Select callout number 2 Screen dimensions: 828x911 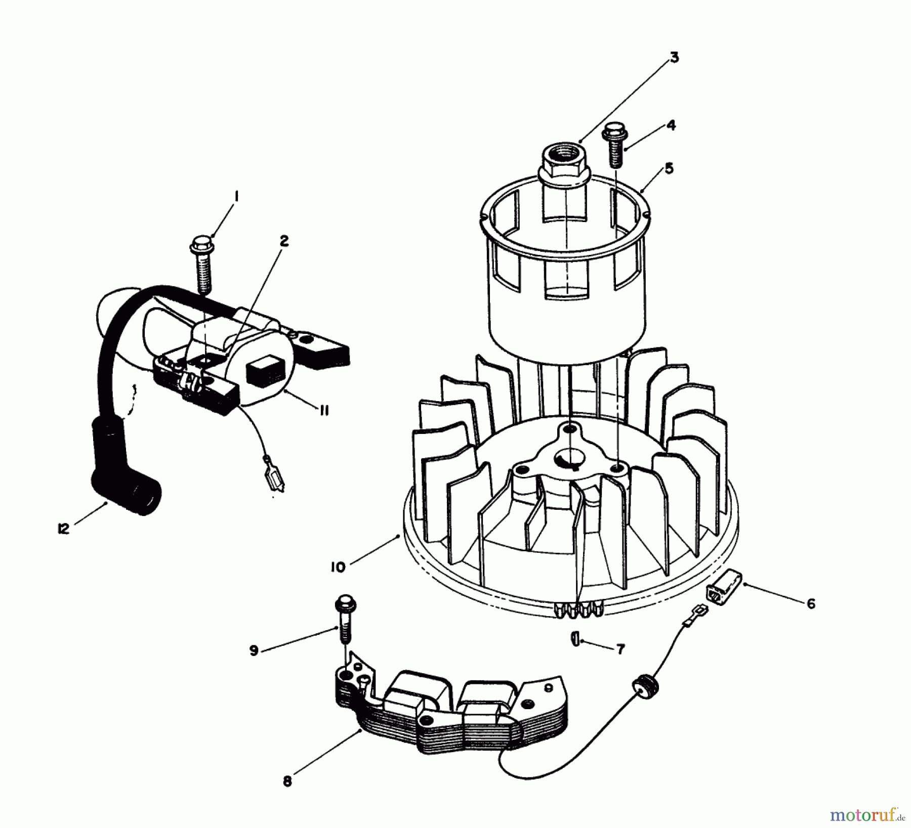(x=284, y=241)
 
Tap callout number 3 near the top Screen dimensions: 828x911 (x=674, y=58)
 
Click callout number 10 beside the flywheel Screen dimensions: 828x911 (x=338, y=568)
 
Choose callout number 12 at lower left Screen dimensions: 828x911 (x=63, y=529)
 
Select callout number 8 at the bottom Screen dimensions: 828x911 (x=287, y=781)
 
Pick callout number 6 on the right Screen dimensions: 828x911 (x=811, y=603)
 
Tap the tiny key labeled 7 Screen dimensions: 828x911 (x=574, y=639)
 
